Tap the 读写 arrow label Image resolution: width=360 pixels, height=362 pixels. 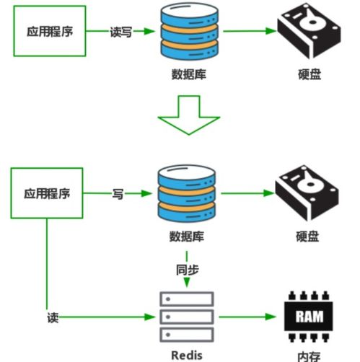click(120, 32)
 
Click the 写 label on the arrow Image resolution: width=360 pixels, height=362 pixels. click(118, 194)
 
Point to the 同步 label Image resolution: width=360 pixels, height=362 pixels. click(187, 269)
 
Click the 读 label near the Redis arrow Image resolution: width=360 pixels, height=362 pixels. click(52, 317)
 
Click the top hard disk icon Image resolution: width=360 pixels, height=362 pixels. click(307, 32)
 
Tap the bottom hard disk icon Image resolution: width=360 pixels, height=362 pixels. click(307, 194)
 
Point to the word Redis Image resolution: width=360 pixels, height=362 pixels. click(187, 354)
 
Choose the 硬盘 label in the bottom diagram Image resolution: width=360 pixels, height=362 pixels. click(307, 237)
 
